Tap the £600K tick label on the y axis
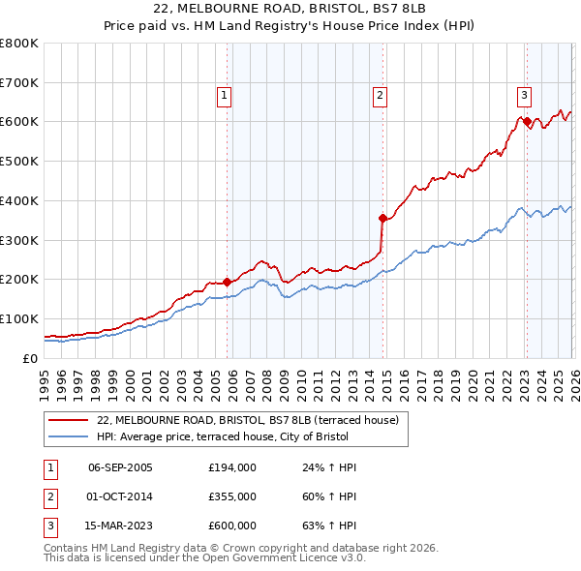19,122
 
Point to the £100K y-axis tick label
19,318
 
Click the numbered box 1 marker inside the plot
224,95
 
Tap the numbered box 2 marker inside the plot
380,95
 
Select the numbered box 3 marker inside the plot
523,95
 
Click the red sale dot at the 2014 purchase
383,219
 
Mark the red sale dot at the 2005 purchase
229,282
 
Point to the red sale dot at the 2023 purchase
527,122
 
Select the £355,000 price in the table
232,496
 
